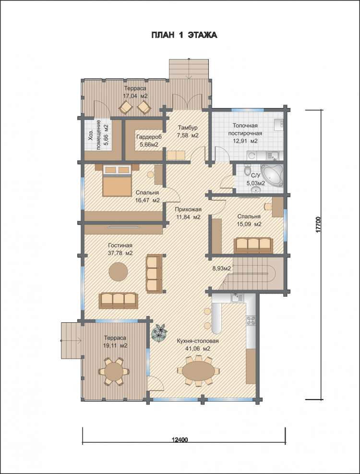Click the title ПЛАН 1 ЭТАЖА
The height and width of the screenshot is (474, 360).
pyautogui.click(x=184, y=35)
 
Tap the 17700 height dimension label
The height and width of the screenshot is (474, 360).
pyautogui.click(x=318, y=225)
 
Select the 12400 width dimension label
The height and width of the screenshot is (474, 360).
pyautogui.click(x=180, y=439)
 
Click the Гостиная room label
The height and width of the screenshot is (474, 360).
pyautogui.click(x=120, y=245)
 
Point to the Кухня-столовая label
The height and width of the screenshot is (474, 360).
pyautogui.click(x=198, y=341)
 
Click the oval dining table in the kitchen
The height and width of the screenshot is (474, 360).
pyautogui.click(x=198, y=370)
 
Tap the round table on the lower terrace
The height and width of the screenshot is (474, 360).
pyautogui.click(x=114, y=371)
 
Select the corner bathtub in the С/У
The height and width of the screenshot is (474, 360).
pyautogui.click(x=272, y=175)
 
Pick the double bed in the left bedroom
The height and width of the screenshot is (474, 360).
pyautogui.click(x=117, y=181)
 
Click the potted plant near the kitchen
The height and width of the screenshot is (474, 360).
pyautogui.click(x=159, y=332)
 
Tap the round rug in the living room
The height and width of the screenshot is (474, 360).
pyautogui.click(x=118, y=271)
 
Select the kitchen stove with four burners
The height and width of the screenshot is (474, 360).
pyautogui.click(x=252, y=320)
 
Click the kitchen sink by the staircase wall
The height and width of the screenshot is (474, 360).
pyautogui.click(x=238, y=298)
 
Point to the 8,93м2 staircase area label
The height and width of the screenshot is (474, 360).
pyautogui.click(x=221, y=268)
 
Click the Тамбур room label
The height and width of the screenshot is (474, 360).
pyautogui.click(x=187, y=127)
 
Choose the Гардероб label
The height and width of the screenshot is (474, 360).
pyautogui.click(x=149, y=137)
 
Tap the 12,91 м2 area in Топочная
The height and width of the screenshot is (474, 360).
pyautogui.click(x=245, y=141)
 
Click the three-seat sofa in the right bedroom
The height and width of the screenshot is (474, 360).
pyautogui.click(x=253, y=245)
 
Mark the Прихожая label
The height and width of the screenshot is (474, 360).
pyautogui.click(x=188, y=209)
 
